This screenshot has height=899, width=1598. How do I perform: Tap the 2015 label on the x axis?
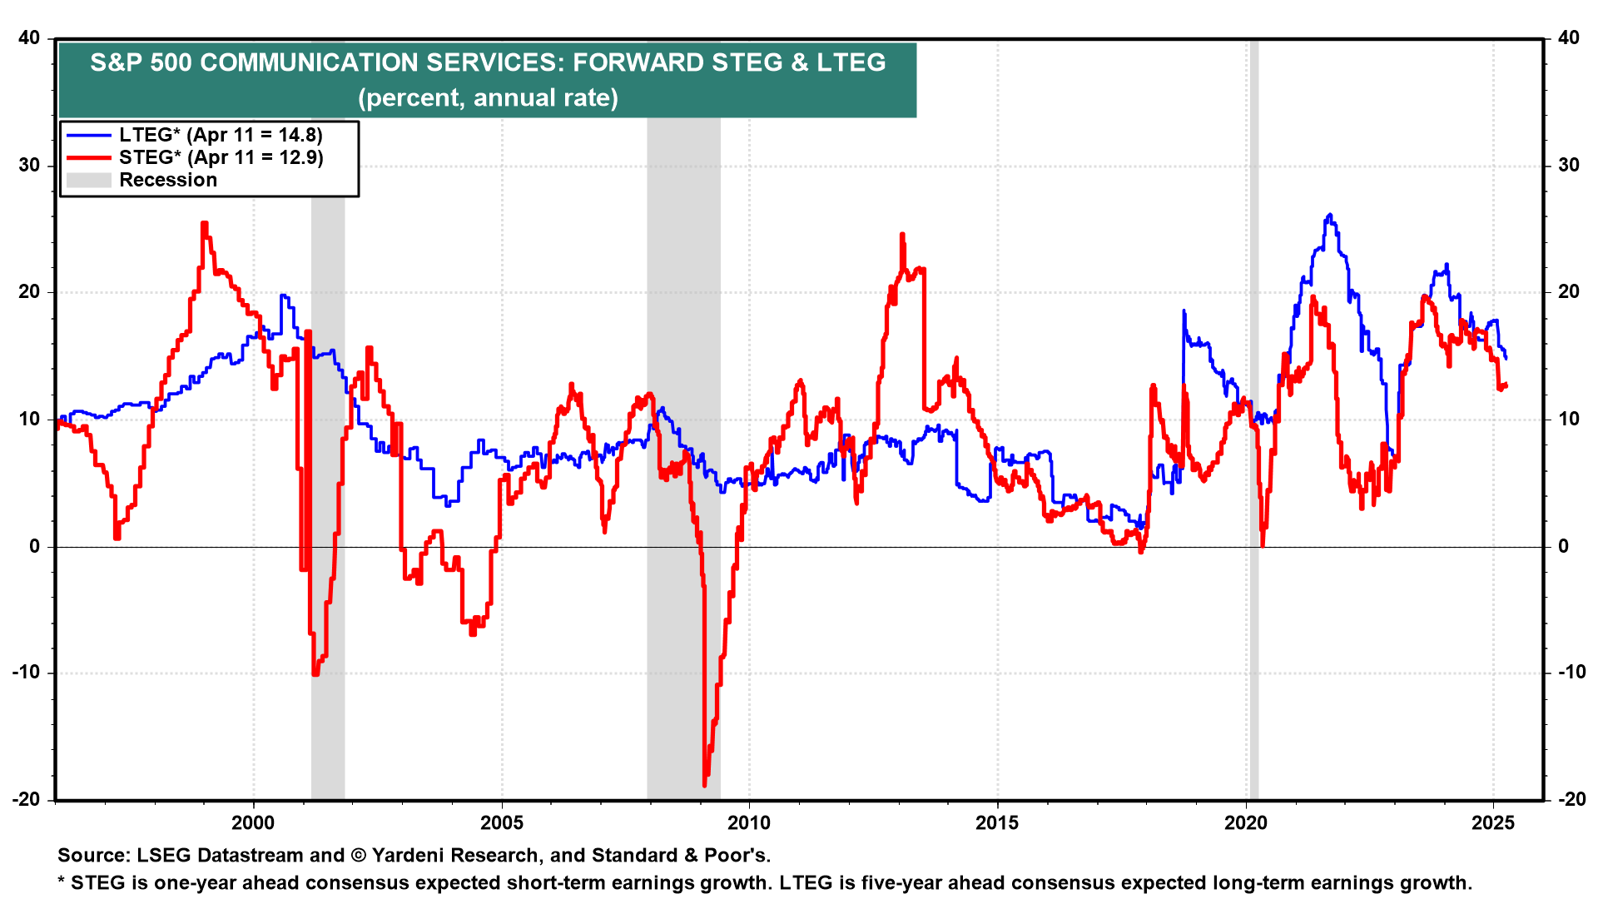(x=997, y=823)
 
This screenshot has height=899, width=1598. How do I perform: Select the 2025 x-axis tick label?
(x=1493, y=823)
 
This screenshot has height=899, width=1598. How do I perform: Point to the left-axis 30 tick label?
(x=30, y=165)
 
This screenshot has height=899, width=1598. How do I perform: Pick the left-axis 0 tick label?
(x=35, y=546)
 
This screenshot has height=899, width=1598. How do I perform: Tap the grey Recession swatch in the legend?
(x=88, y=180)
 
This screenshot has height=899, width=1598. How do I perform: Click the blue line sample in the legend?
(x=88, y=135)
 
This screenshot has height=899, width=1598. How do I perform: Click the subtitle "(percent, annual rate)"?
(x=488, y=97)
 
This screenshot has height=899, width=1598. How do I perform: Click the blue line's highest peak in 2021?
(x=1329, y=215)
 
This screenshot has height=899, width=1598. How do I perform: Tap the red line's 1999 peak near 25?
(x=204, y=223)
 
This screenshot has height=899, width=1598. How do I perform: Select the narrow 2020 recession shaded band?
(x=1253, y=416)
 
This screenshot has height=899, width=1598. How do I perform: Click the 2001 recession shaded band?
(x=328, y=416)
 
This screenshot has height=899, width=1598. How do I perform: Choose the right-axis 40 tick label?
(x=1568, y=37)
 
